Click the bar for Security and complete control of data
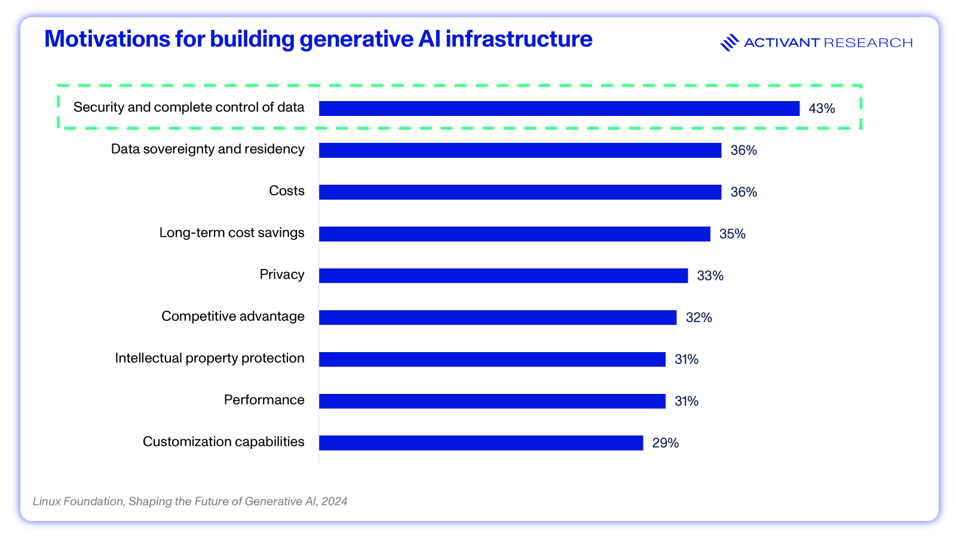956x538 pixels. [x=559, y=108]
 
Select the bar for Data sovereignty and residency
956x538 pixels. [x=520, y=150]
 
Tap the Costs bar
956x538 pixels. [x=520, y=192]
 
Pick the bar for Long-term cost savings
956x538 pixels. [x=514, y=234]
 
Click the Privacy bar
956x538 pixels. [x=504, y=276]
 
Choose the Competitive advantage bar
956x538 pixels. [x=498, y=317]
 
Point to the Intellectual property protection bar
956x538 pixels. [x=492, y=359]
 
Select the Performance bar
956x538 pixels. [x=492, y=401]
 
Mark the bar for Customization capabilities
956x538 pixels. [x=481, y=443]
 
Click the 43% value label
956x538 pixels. [x=822, y=108]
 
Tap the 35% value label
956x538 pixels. [x=733, y=234]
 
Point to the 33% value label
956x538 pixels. [x=710, y=276]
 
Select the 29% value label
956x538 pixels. [x=666, y=443]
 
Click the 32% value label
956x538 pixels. [x=698, y=317]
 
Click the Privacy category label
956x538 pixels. [x=282, y=274]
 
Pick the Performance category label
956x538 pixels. [x=264, y=400]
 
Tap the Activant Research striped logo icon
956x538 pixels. [x=730, y=42]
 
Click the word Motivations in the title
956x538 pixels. [x=107, y=39]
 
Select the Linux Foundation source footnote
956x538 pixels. [x=190, y=502]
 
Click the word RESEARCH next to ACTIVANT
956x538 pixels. [x=868, y=42]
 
